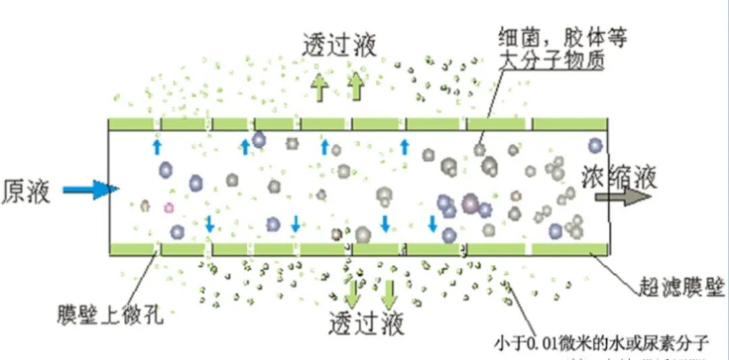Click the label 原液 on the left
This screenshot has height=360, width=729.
click(x=25, y=191)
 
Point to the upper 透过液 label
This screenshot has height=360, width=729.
click(x=339, y=45)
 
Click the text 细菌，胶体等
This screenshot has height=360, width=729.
click(x=562, y=36)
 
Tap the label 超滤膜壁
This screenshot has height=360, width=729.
click(x=682, y=289)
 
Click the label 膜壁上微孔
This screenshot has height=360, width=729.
click(x=111, y=314)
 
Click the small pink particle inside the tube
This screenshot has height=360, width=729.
click(x=169, y=207)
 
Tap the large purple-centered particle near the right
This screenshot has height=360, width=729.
click(x=470, y=203)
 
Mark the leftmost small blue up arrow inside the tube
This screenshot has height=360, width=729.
click(x=157, y=147)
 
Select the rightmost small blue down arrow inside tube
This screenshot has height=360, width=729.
click(x=433, y=223)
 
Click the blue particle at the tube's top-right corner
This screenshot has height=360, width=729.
click(x=595, y=145)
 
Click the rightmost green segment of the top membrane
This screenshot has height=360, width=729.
click(x=570, y=124)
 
